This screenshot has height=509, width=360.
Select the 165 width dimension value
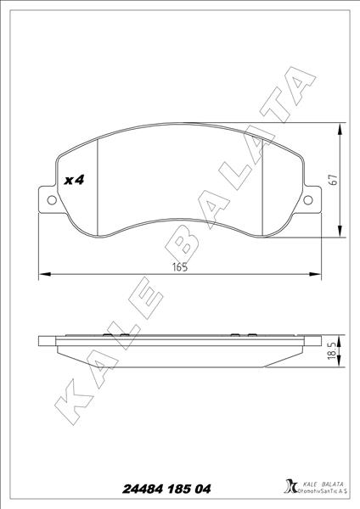point(178,266)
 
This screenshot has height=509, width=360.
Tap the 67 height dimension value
point(334,181)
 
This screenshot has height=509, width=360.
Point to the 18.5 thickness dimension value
point(334,350)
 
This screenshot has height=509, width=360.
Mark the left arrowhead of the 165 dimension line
point(44,274)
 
